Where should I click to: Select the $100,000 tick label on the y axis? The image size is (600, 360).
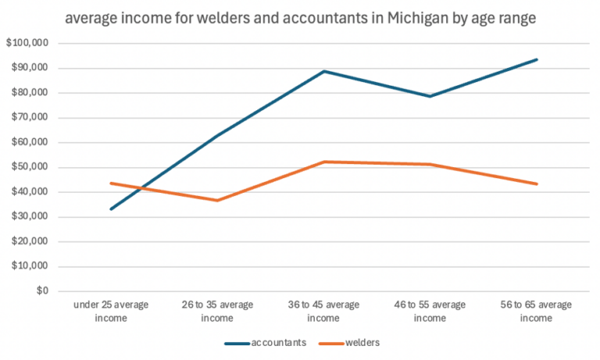click(x=27, y=44)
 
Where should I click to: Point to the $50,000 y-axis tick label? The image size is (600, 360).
click(x=29, y=167)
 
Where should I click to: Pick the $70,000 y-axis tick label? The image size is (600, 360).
click(x=29, y=118)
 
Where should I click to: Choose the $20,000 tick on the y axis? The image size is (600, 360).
click(x=29, y=241)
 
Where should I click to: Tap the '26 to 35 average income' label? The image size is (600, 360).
click(x=216, y=311)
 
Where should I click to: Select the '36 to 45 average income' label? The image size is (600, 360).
click(x=323, y=311)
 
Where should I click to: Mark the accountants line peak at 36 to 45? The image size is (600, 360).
click(x=323, y=72)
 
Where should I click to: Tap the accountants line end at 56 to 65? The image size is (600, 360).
click(x=537, y=59)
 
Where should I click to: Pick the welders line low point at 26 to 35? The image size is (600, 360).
click(x=216, y=201)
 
